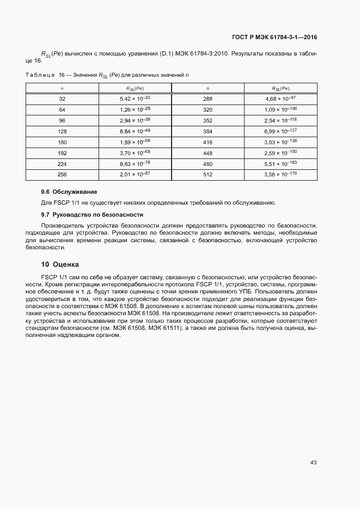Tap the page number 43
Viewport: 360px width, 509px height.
click(313, 463)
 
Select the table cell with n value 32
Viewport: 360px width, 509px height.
click(62, 99)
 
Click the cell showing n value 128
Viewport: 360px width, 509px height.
click(62, 131)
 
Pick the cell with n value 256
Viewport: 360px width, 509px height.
click(62, 174)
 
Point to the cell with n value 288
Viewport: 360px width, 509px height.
click(208, 99)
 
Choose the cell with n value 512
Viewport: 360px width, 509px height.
click(208, 174)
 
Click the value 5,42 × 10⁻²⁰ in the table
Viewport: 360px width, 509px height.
click(135, 99)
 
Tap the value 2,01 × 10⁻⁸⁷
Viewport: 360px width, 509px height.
click(135, 174)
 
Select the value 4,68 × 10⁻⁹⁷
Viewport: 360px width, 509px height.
click(280, 99)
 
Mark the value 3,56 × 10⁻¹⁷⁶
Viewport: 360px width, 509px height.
click(280, 174)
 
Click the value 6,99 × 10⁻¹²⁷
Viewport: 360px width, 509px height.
click(280, 131)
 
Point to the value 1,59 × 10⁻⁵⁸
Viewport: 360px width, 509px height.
click(135, 142)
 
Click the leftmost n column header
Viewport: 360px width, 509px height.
click(62, 88)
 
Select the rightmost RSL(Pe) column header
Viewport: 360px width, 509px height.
click(280, 88)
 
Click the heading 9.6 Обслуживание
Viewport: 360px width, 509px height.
click(69, 192)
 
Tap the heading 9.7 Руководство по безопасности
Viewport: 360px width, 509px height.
click(92, 214)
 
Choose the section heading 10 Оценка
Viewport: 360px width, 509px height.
click(60, 265)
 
